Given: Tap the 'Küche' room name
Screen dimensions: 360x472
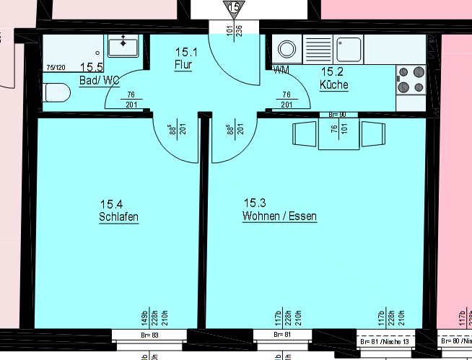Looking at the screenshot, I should point(334,84).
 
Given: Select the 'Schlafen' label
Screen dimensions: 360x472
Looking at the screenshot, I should point(119,217).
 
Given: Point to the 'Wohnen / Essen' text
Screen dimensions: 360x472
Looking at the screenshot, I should point(279,216).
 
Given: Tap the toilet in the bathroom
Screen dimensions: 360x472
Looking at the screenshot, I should point(55,93).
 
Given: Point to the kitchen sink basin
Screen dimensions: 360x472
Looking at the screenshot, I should point(350,48).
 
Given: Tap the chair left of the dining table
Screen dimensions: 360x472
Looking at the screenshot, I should point(302,134).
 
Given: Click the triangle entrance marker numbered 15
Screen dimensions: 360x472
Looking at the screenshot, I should point(233,7).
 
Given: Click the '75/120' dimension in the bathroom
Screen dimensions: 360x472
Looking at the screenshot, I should point(56,68).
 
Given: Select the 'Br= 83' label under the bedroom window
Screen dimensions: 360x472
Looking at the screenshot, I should point(150,335).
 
